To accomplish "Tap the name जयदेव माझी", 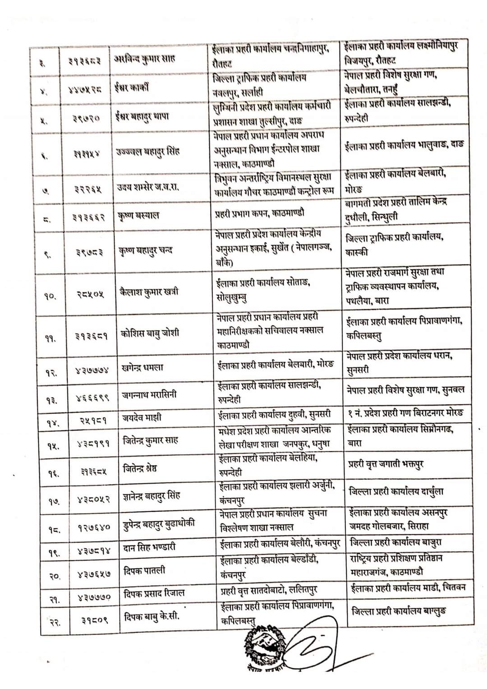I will click(x=142, y=418).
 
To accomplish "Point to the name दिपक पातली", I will click(x=144, y=571).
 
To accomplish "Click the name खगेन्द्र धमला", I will click(x=142, y=367).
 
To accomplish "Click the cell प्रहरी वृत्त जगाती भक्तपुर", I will click(x=386, y=464).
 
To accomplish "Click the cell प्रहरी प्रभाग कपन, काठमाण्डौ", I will click(x=259, y=213).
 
